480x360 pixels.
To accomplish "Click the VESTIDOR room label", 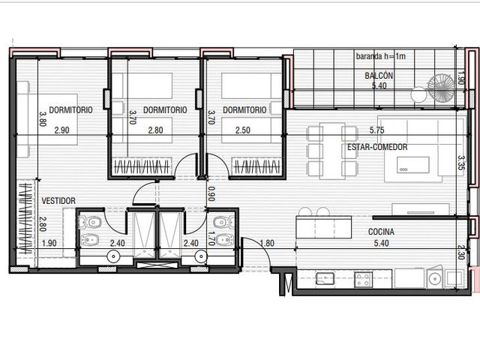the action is point(58,201).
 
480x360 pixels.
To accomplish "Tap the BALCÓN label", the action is point(379,76).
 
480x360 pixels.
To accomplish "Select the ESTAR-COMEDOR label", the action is point(377,147).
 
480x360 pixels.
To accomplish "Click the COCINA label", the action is point(381,232).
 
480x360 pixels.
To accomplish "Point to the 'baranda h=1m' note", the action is point(381,56).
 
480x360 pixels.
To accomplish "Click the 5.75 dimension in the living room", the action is point(376,130).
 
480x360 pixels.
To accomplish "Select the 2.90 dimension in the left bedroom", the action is point(61,130).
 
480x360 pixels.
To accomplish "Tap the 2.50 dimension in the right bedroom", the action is point(243,130).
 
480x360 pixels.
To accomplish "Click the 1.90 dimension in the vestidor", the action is point(49,243).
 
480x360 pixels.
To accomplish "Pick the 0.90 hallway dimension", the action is point(211,193).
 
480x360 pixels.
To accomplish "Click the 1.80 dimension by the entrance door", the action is point(267,243).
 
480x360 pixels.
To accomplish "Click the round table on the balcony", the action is point(418,94).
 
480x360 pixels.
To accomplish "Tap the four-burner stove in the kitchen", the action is point(363,280).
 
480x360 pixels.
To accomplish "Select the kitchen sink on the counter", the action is point(325,278).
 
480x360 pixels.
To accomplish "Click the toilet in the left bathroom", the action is point(90,222).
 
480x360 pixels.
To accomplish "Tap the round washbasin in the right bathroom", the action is point(201,256).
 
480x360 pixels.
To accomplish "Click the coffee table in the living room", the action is point(413,165).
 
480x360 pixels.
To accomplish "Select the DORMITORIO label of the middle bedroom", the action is point(165,110).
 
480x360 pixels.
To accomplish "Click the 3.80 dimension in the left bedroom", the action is point(43,118).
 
